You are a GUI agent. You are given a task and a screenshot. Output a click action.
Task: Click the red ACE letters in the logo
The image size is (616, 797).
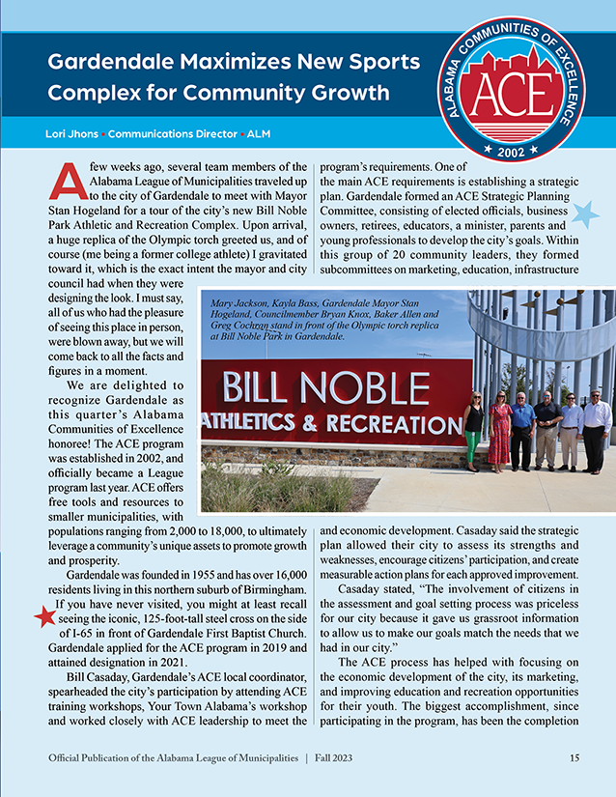(522, 95)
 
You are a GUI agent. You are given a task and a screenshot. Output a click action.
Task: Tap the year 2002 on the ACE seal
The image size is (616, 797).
(523, 152)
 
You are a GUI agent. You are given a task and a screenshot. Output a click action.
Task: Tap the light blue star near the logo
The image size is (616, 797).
(585, 214)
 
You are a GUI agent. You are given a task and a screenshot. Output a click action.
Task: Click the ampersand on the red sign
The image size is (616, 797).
(306, 424)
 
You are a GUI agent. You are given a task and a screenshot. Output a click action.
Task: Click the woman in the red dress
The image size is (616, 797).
(499, 432)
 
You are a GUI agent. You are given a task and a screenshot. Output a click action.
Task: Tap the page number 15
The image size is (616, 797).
(574, 757)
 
